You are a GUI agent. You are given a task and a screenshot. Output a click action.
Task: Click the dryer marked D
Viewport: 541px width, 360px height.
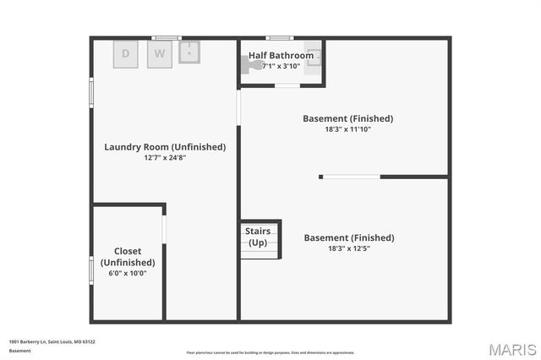pyautogui.click(x=126, y=54)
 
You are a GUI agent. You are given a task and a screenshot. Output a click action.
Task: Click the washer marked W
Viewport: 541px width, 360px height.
pyautogui.click(x=159, y=54)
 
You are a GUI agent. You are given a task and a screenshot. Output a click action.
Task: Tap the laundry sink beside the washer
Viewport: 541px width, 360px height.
pyautogui.click(x=190, y=52)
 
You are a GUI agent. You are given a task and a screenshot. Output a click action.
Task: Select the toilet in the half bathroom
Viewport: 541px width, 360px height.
pyautogui.click(x=253, y=63)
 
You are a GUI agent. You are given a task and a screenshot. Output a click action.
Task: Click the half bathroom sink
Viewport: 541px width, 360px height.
pyautogui.click(x=314, y=58)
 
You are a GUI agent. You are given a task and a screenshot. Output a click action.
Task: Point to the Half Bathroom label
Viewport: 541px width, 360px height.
pyautogui.click(x=281, y=56)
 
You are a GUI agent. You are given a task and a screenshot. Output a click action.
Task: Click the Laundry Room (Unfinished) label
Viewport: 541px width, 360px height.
pyautogui.click(x=165, y=146)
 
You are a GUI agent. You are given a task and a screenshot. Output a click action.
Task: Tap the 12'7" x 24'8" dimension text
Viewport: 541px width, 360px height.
pyautogui.click(x=165, y=157)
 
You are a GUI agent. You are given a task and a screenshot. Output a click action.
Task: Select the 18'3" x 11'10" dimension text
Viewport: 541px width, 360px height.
pyautogui.click(x=348, y=129)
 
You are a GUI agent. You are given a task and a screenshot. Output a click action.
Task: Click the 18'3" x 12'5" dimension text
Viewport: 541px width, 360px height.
pyautogui.click(x=348, y=248)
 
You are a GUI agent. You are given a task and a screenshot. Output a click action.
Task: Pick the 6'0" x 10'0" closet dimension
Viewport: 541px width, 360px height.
pyautogui.click(x=128, y=273)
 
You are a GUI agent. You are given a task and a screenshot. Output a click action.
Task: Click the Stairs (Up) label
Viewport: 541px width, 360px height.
pyautogui.click(x=258, y=237)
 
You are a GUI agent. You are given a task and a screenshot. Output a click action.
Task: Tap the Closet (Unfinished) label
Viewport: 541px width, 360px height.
pyautogui.click(x=128, y=257)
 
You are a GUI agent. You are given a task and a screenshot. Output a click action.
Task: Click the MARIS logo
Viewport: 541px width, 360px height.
pyautogui.click(x=511, y=349)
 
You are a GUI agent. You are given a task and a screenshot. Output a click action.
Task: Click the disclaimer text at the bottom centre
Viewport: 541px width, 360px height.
pyautogui.click(x=270, y=352)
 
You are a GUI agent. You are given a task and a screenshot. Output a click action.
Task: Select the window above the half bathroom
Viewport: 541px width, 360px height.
pyautogui.click(x=279, y=37)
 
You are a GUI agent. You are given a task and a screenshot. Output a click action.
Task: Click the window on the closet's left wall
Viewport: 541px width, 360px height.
pyautogui.click(x=91, y=270)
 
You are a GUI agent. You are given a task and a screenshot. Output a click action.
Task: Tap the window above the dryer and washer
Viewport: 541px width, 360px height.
pyautogui.click(x=167, y=37)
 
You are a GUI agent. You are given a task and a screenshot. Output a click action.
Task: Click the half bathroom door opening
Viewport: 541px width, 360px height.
pyautogui.click(x=287, y=86)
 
